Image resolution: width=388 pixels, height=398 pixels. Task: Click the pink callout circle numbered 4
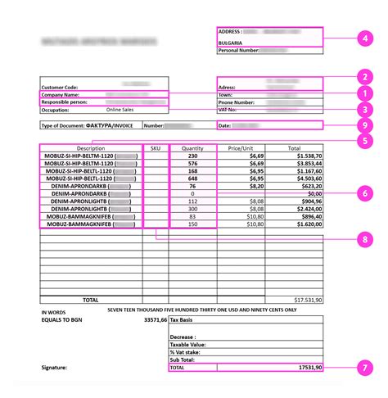[364, 38]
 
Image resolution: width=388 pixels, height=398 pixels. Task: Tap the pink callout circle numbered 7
[364, 369]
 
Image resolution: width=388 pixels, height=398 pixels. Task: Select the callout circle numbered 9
[364, 125]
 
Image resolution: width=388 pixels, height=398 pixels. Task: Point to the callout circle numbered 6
[364, 194]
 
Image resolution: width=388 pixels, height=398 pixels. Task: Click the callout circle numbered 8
[364, 239]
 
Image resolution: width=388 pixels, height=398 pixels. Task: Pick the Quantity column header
[193, 148]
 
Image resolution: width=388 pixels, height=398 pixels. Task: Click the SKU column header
[156, 148]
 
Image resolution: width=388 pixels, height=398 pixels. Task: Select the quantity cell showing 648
[193, 178]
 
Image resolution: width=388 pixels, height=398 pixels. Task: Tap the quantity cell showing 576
[193, 163]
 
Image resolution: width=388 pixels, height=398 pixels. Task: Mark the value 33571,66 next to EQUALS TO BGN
[156, 320]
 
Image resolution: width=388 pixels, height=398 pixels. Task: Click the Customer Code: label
[62, 85]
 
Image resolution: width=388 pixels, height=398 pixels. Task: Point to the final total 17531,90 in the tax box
[303, 369]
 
